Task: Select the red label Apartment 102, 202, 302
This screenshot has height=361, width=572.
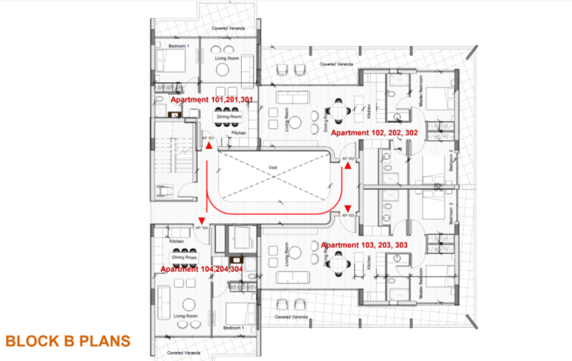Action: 373,133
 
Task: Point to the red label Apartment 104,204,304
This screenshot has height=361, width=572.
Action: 202,269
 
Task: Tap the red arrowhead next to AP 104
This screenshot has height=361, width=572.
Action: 202,219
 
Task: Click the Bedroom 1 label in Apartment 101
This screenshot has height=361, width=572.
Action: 179,47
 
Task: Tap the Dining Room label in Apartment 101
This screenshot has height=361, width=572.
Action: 229,117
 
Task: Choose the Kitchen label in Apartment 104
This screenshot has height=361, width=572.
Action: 177,241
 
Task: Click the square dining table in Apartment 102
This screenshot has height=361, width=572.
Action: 338,110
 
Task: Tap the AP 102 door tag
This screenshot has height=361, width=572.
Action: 349,159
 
